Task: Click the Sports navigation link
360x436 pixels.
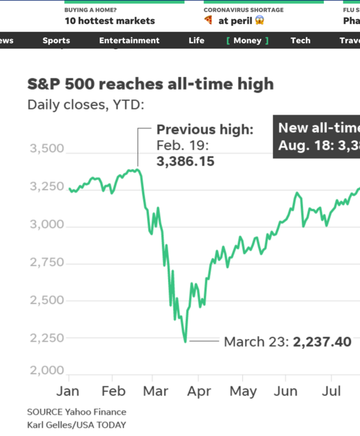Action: [56, 41]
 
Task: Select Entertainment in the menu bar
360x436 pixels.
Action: [129, 41]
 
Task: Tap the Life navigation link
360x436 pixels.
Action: [196, 41]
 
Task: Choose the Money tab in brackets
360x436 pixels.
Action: [247, 41]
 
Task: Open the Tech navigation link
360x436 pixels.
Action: [301, 41]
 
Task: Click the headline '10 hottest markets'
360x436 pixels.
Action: [110, 21]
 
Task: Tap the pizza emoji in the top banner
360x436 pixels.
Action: [208, 21]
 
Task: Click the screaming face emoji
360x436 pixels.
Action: [259, 21]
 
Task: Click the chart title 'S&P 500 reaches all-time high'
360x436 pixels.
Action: [151, 83]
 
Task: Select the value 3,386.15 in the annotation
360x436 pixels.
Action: [185, 162]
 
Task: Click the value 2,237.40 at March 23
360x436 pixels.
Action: [322, 342]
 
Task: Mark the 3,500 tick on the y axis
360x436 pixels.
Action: [47, 149]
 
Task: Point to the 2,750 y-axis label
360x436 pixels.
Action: [47, 263]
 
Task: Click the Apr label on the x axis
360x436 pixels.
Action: [199, 392]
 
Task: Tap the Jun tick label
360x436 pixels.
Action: [286, 392]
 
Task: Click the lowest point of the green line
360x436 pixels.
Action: [185, 341]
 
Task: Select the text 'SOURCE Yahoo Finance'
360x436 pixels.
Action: [77, 412]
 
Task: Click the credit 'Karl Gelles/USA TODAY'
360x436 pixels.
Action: [77, 425]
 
